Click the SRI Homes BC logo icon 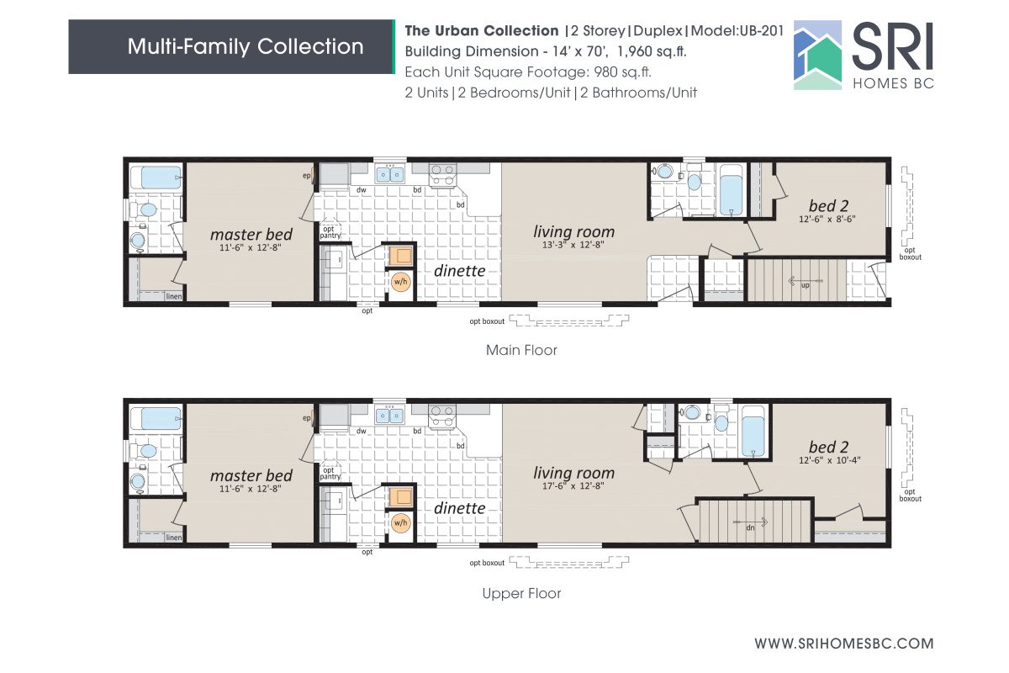click(x=818, y=55)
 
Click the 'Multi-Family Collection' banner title click(x=246, y=46)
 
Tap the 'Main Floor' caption click(x=521, y=350)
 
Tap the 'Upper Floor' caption click(x=521, y=593)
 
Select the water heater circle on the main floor click(x=400, y=283)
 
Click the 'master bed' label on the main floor click(x=251, y=234)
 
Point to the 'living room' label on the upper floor click(x=574, y=473)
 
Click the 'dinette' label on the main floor click(x=459, y=270)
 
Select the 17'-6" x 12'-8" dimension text click(x=574, y=486)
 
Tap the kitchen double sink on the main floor click(x=389, y=174)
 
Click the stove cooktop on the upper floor click(x=442, y=415)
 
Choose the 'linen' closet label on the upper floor click(x=174, y=538)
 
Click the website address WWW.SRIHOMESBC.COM click(x=843, y=644)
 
